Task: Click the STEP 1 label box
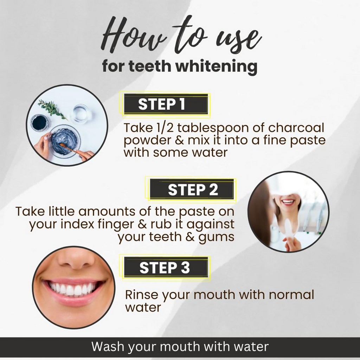coord(166,104)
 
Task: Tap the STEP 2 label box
coord(192,189)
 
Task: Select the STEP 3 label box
coord(166,267)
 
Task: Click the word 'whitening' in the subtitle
coord(216,66)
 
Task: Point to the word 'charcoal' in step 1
coord(296,127)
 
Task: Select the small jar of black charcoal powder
coord(40,123)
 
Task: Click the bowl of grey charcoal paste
coord(65,141)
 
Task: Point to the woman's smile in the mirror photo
coord(288,202)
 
